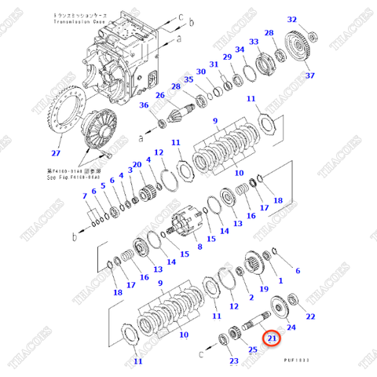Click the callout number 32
[292, 19]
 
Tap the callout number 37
[309, 75]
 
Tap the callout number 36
[144, 106]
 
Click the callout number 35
[188, 79]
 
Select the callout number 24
[291, 326]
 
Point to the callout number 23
[233, 361]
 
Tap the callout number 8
[199, 246]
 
